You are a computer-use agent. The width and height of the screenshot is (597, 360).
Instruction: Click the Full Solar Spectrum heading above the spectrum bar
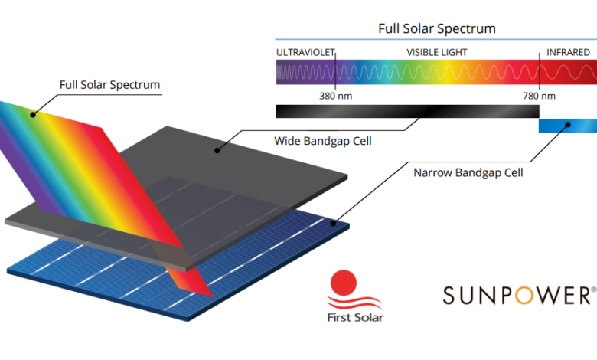click(x=437, y=28)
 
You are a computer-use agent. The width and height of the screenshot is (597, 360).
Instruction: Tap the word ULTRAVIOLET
click(x=305, y=53)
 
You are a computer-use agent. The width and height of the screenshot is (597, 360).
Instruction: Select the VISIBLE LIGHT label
click(x=437, y=53)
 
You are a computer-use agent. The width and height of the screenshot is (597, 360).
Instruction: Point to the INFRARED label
click(x=568, y=53)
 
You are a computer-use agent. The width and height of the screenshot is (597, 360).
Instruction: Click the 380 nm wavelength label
click(x=335, y=96)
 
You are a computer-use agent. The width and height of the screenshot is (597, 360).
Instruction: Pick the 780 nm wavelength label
click(x=539, y=96)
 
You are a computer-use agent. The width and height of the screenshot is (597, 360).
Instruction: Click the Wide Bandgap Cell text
click(x=323, y=141)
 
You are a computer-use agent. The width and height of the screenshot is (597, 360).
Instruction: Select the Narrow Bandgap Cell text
click(x=468, y=173)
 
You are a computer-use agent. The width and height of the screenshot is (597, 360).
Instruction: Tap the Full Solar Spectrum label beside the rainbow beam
click(x=109, y=85)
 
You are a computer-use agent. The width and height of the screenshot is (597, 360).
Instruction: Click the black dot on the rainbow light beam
click(x=33, y=115)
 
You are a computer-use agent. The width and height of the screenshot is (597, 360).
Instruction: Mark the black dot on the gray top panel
click(x=217, y=150)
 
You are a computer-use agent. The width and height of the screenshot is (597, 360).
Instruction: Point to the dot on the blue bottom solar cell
click(x=333, y=223)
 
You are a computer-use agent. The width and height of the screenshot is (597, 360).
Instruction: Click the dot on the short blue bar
click(x=568, y=125)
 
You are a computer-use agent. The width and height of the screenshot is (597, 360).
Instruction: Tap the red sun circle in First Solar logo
click(x=344, y=283)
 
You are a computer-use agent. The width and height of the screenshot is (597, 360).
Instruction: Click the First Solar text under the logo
click(x=356, y=317)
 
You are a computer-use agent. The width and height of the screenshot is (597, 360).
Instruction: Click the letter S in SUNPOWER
click(x=449, y=296)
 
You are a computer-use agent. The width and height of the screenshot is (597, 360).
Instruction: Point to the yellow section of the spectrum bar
click(x=449, y=72)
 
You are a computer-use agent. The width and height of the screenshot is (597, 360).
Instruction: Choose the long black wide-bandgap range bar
click(x=407, y=111)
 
